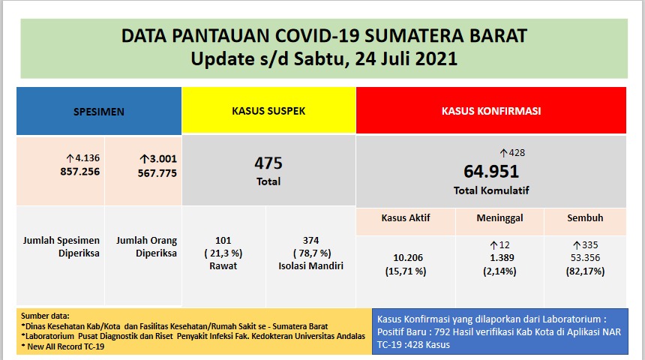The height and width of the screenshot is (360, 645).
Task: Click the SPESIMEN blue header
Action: pyautogui.click(x=98, y=111)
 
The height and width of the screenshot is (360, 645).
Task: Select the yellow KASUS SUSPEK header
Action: pyautogui.click(x=268, y=111)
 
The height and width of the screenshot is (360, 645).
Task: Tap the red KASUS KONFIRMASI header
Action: pyautogui.click(x=490, y=111)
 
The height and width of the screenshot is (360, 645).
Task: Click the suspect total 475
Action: pyautogui.click(x=268, y=163)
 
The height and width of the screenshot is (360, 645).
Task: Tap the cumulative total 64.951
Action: pyautogui.click(x=491, y=171)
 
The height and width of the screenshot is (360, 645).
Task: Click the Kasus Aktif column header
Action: pyautogui.click(x=405, y=218)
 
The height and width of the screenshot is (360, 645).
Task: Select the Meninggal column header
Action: pyautogui.click(x=499, y=218)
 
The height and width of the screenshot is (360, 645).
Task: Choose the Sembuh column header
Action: pyautogui.click(x=585, y=218)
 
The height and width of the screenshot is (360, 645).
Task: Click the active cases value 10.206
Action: pyautogui.click(x=405, y=257)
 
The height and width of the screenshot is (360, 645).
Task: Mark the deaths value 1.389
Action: pyautogui.click(x=499, y=257)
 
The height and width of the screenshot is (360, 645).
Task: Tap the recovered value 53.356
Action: pyautogui.click(x=585, y=257)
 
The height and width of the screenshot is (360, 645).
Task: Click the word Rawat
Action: pyautogui.click(x=223, y=265)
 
